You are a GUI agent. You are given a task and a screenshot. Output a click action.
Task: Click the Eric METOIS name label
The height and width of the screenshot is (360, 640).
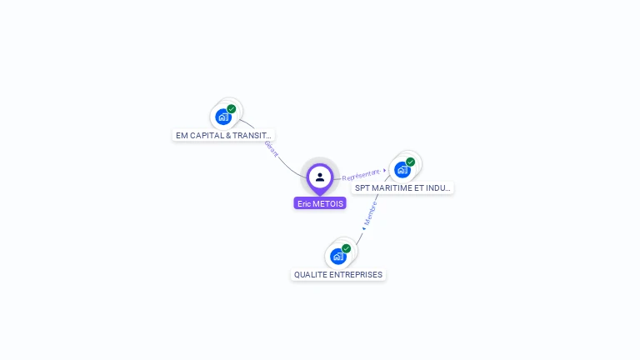point(320,203)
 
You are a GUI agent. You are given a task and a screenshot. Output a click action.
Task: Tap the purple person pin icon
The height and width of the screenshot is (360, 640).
point(320,177)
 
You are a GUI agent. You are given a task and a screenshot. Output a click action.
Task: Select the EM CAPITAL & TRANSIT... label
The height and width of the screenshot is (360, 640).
point(223,135)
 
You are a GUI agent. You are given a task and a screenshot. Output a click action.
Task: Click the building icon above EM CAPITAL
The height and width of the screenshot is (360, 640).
point(222,117)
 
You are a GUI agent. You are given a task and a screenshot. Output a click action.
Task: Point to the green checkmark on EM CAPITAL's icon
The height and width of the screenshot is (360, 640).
point(232,109)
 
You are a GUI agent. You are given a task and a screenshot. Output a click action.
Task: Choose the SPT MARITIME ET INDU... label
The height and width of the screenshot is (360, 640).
point(402,188)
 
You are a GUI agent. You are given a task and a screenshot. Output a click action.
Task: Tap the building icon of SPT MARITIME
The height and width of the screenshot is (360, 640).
point(402,169)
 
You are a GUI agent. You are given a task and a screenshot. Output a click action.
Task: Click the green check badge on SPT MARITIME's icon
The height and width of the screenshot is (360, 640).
point(411,162)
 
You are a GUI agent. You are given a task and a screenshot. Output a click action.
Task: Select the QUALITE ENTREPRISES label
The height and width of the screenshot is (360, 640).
point(338,275)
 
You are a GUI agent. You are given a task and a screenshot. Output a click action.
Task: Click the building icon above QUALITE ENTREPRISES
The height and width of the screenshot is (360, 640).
point(337,256)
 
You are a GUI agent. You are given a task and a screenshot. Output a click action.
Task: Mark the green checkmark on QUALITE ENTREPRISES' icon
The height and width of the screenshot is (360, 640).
point(347,248)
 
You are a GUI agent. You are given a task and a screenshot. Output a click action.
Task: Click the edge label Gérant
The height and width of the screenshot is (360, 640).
point(271,148)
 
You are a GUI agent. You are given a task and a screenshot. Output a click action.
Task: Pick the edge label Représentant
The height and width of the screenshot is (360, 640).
point(361,175)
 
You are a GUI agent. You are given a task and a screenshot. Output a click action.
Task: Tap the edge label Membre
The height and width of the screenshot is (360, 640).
point(371,213)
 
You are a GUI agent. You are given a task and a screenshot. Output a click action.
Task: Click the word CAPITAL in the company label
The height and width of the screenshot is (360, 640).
point(207,135)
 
